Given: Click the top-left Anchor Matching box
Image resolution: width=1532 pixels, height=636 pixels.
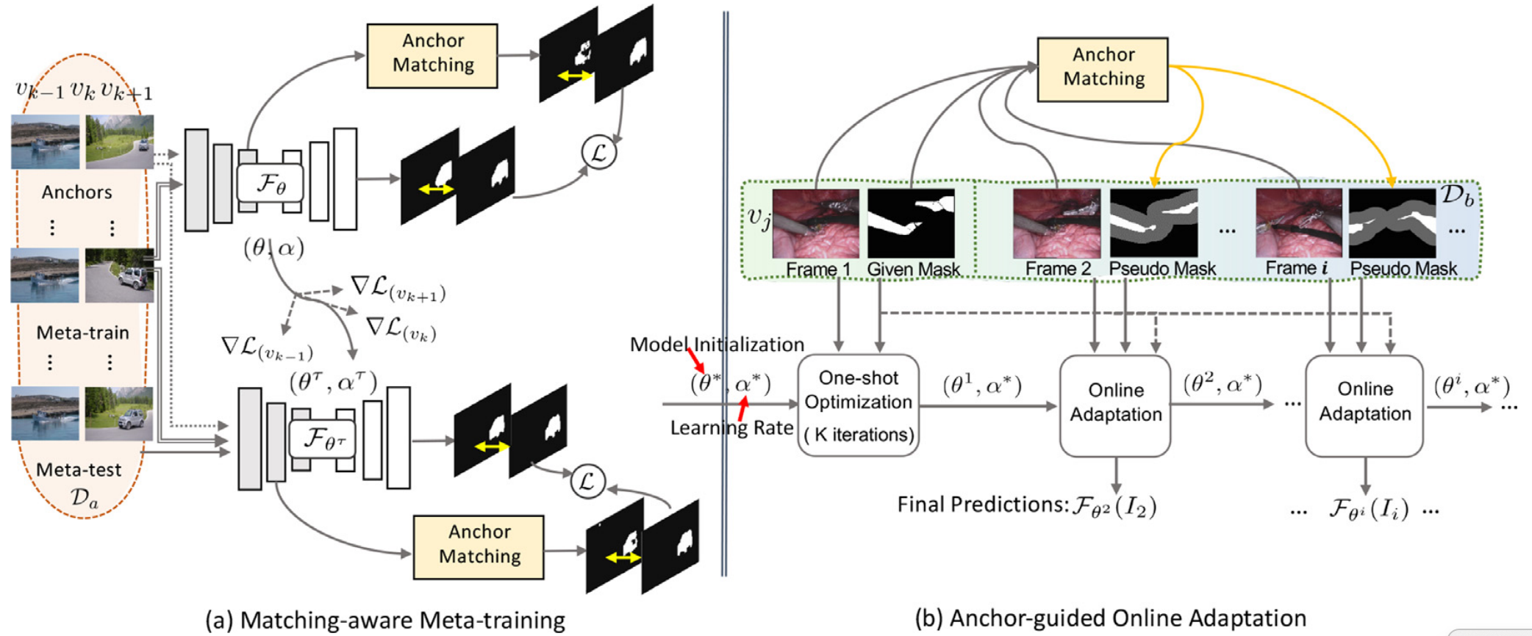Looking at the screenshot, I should click(432, 56).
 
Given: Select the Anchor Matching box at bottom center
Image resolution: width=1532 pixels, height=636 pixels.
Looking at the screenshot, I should click(479, 546).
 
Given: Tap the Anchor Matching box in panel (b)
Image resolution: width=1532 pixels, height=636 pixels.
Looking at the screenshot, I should click(1102, 69).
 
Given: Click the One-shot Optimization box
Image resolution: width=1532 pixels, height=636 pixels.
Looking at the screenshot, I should click(858, 405).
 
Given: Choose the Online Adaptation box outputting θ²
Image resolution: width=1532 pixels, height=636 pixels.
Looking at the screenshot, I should click(1114, 405).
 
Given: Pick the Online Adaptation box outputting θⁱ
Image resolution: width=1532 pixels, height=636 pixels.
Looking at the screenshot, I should click(1364, 405).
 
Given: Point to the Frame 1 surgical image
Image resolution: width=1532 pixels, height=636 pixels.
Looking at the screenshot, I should click(815, 223).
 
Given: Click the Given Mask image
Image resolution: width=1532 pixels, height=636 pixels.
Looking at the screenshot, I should click(911, 223).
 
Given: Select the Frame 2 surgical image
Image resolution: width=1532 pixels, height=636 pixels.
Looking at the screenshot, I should click(1056, 223).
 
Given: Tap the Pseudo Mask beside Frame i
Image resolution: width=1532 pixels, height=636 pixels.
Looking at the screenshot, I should click(1392, 223).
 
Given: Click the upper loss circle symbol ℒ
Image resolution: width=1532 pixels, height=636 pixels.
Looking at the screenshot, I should click(598, 153).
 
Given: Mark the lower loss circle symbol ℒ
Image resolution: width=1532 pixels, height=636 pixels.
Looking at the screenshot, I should click(587, 482).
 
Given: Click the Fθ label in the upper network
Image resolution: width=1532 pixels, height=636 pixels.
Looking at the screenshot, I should click(270, 184).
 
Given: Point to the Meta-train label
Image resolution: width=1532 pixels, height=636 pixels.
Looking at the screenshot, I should click(82, 333).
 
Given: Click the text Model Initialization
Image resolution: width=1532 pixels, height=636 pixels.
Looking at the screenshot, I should click(717, 344).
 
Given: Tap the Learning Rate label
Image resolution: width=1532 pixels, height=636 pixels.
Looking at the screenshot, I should click(731, 427).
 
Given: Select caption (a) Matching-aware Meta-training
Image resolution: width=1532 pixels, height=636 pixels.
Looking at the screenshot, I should click(385, 621).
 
